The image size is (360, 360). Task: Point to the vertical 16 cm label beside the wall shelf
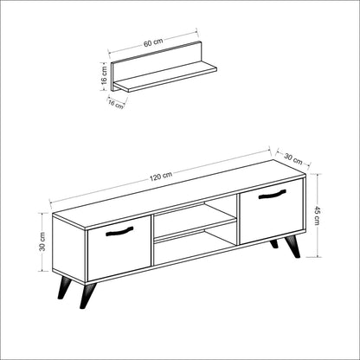[103, 75]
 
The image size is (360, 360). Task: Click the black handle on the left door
[120, 231]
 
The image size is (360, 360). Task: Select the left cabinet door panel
[119, 247]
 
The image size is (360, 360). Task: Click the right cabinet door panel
[271, 210]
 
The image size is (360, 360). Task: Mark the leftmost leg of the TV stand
[62, 289]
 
